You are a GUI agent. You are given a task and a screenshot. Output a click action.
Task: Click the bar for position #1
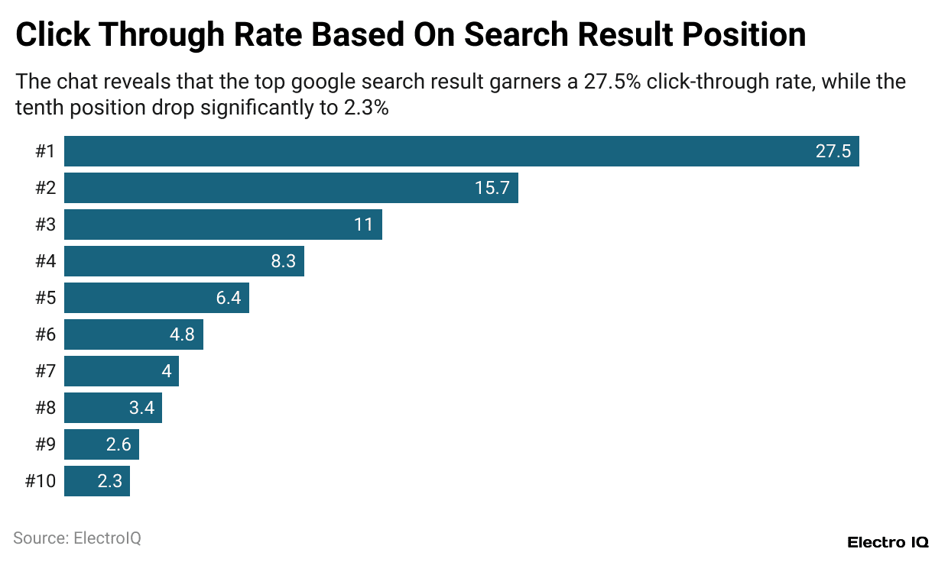[461, 151]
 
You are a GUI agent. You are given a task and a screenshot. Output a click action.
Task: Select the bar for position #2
[291, 188]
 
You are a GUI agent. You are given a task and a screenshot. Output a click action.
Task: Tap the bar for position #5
[156, 298]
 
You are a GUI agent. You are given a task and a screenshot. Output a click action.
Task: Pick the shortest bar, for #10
[96, 481]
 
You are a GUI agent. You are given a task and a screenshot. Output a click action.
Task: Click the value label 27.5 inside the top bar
[833, 151]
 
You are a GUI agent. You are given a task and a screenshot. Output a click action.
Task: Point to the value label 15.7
[492, 188]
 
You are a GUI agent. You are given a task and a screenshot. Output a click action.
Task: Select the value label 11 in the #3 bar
[363, 224]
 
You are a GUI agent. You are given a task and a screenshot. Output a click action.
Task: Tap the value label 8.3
[283, 261]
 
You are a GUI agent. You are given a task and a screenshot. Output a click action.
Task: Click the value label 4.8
[182, 334]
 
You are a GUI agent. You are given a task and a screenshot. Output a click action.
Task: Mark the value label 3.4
[141, 408]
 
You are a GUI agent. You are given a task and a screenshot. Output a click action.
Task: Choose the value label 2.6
[118, 444]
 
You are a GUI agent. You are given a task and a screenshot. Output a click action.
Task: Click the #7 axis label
[45, 371]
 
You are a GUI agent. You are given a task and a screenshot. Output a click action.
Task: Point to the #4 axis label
[45, 261]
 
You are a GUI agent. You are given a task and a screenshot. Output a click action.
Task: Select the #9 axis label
[45, 444]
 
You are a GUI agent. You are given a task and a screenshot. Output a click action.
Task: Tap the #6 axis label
[45, 334]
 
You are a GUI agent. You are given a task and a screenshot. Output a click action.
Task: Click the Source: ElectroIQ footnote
[77, 538]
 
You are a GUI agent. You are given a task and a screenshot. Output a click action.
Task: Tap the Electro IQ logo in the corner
[888, 542]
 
